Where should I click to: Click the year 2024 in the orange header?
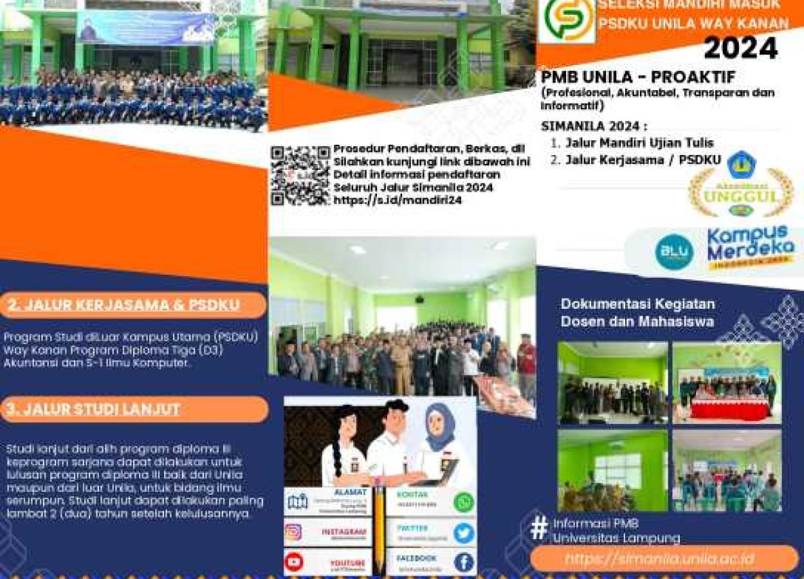(740, 48)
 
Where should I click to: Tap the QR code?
(300, 175)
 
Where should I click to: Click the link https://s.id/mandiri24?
(397, 200)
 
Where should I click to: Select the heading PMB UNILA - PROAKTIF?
(638, 77)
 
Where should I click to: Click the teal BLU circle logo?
(673, 252)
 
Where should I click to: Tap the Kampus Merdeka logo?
(750, 247)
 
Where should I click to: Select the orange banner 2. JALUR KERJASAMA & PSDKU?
(132, 305)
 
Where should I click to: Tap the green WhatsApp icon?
(463, 502)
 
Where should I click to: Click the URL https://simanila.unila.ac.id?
(662, 559)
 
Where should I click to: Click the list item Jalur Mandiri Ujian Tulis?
(639, 143)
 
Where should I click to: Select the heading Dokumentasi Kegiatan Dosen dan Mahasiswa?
(637, 312)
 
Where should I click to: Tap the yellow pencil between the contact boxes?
(380, 528)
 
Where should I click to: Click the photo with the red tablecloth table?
(727, 383)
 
